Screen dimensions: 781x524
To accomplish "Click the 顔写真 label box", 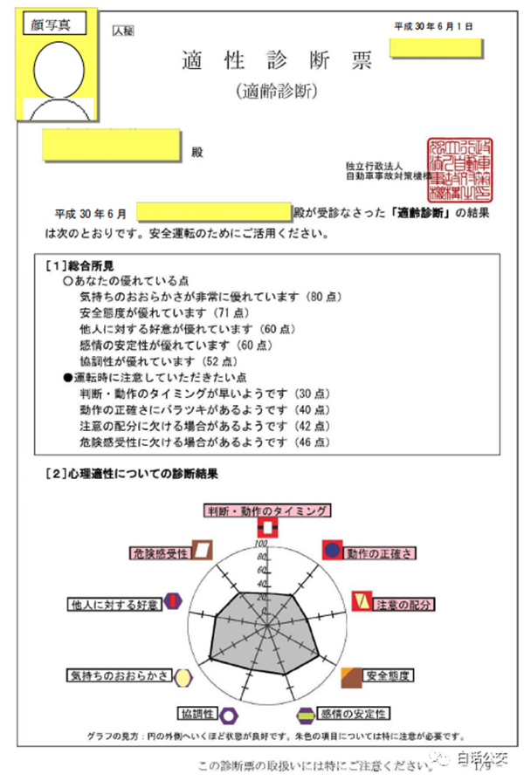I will coord(57,24).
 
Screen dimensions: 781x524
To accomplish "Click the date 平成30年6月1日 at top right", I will coord(434,27).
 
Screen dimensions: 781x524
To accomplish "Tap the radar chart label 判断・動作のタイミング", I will coord(267,510).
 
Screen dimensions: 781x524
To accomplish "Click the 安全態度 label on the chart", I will coord(388,675).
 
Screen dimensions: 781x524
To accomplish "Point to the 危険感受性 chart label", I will coord(159,553).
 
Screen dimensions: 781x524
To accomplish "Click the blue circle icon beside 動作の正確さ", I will coord(333,550).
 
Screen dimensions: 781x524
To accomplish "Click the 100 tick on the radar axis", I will coord(259,544).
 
